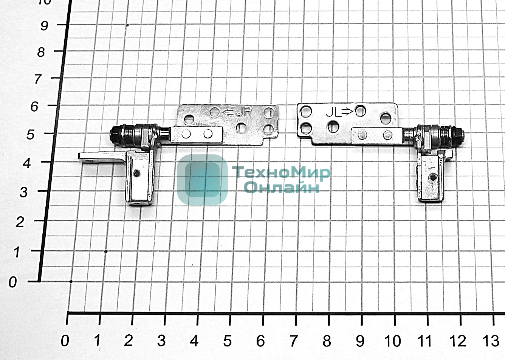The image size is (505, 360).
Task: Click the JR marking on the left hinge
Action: pyautogui.click(x=243, y=112)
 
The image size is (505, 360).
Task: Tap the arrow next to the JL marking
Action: pyautogui.click(x=347, y=112)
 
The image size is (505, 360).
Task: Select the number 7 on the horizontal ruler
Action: pyautogui.click(x=293, y=341)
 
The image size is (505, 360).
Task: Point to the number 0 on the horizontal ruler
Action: pyautogui.click(x=65, y=341)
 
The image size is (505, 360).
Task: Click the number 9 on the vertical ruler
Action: pyautogui.click(x=44, y=25)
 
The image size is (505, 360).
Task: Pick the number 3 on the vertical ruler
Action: pyautogui.click(x=23, y=192)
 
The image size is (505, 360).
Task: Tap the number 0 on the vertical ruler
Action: pyautogui.click(x=12, y=282)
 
